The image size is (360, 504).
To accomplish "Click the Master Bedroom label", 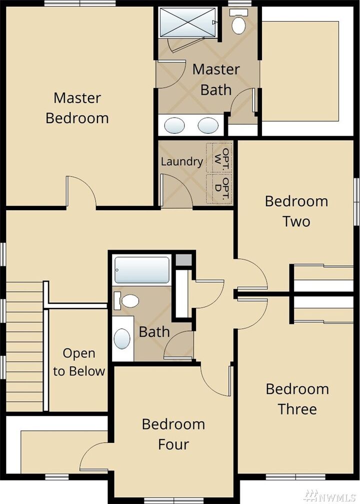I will pos(77,108).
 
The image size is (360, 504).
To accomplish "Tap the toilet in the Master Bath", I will pos(239,24).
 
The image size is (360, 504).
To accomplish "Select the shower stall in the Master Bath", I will pos(187,23).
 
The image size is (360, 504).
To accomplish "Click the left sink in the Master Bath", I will pos(174,125).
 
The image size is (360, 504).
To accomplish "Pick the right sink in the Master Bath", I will pos(207,125).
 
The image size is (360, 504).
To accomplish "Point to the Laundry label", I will pos(181,162).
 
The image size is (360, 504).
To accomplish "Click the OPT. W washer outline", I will pos(220,158).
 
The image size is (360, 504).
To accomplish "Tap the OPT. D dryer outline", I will pos(220,189).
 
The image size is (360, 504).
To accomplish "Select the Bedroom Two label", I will pos(296,211).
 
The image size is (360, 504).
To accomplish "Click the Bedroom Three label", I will pos(297,399).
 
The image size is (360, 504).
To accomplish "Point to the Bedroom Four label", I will pos(173,434).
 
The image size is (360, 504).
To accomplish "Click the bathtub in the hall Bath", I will pos(142,270).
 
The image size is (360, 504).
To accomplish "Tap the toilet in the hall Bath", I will pos(128,301).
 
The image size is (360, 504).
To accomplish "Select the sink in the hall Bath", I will pos(122,339).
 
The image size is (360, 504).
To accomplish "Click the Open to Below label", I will pos(79,362).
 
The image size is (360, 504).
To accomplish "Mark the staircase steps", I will pos(24,345).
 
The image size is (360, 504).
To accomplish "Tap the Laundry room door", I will pos(175,190).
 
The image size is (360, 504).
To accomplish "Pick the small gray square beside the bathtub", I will pos(183,260).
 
